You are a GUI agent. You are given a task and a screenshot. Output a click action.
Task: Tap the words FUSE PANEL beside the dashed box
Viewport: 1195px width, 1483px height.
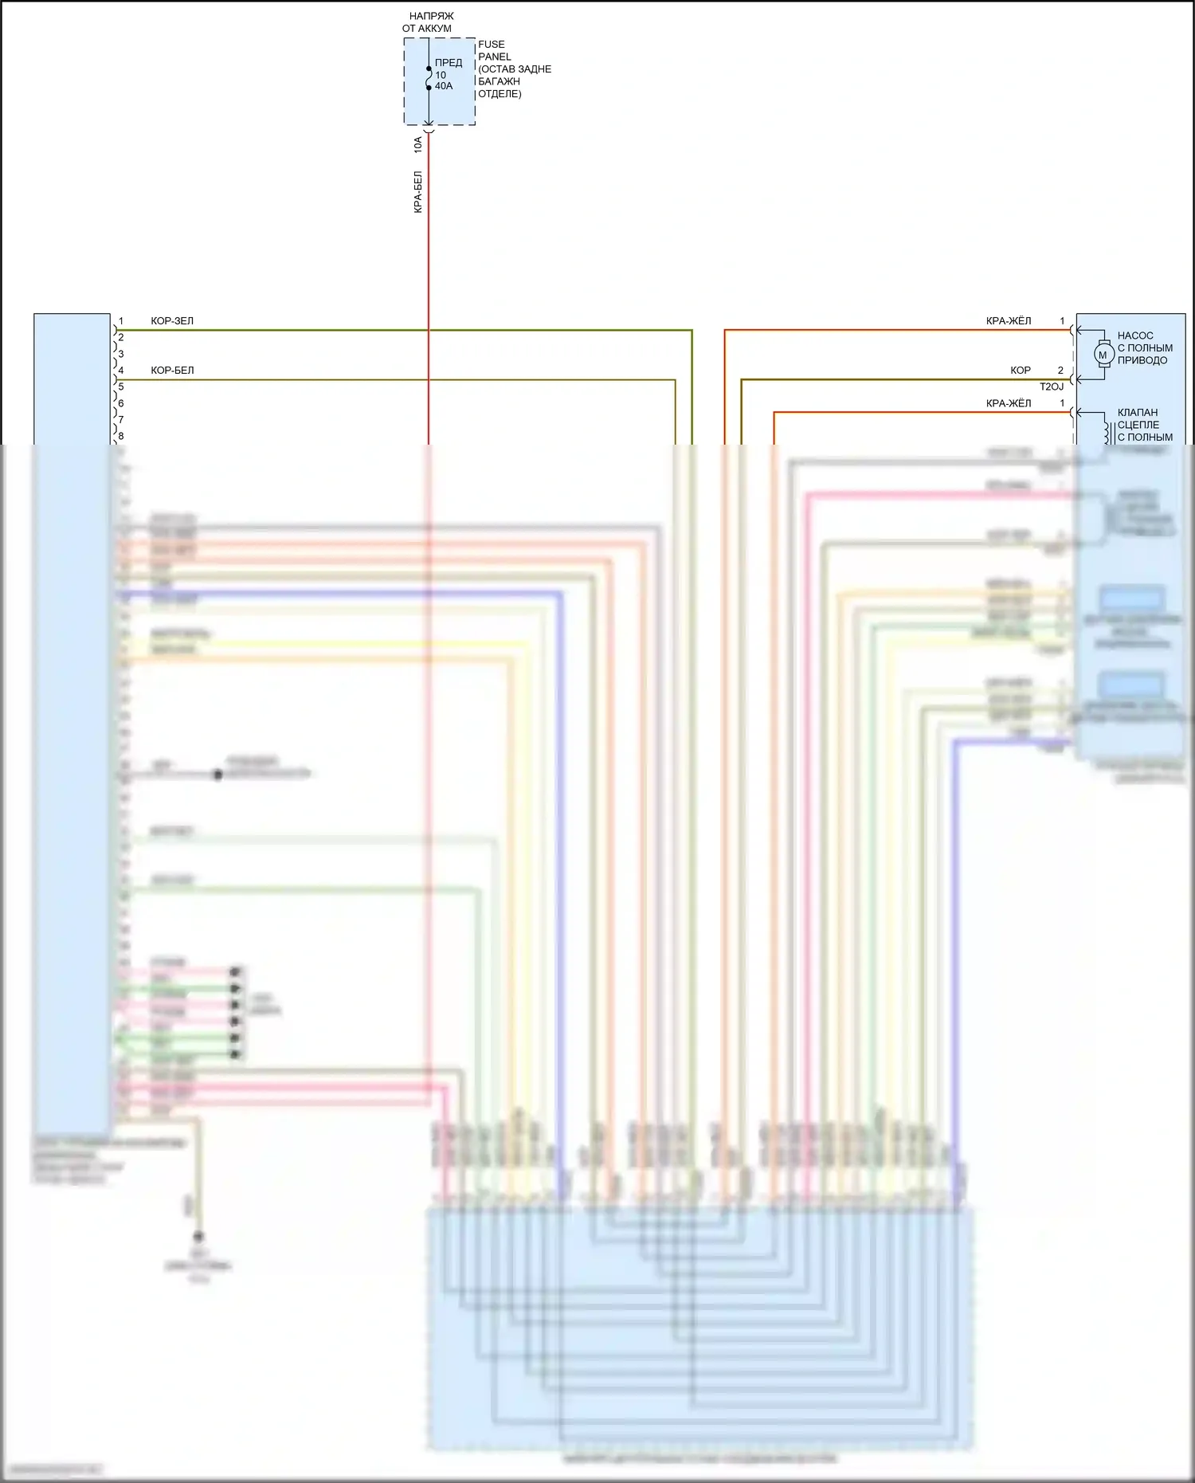tap(494, 50)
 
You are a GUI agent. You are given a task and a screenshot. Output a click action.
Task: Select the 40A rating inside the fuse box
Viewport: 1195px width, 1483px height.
tap(444, 86)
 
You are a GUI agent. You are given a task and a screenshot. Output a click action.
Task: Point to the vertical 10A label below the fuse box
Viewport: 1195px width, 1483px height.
tap(418, 145)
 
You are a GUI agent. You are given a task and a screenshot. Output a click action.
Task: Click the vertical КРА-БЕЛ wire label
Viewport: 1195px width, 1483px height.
tap(418, 192)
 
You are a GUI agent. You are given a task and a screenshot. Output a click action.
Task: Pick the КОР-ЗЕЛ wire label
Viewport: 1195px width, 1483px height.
tap(172, 321)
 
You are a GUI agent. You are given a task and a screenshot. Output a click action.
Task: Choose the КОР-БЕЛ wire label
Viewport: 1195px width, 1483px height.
tap(172, 371)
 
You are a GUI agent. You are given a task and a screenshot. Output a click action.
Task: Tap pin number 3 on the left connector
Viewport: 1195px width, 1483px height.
tap(121, 354)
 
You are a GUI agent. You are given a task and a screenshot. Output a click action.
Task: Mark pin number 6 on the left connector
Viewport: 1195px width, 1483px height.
tap(121, 403)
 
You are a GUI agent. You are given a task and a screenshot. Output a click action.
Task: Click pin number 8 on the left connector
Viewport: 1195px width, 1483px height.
tap(121, 437)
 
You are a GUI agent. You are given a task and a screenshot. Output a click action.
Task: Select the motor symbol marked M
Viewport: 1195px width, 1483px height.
tap(1103, 355)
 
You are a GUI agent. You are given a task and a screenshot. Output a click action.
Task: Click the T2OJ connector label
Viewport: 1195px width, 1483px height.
tap(1051, 386)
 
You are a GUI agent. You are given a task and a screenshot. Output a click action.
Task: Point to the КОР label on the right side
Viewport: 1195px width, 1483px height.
tap(1021, 371)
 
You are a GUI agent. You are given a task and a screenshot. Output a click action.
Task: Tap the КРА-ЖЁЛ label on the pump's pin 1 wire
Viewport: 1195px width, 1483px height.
tap(1009, 321)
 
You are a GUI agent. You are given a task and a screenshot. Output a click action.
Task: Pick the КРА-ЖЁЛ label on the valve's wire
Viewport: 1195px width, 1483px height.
tap(1009, 403)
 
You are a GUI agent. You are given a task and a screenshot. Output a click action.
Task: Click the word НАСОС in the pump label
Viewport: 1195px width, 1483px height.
tap(1135, 335)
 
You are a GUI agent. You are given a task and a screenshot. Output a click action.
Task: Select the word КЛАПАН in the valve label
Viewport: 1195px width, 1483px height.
tap(1138, 412)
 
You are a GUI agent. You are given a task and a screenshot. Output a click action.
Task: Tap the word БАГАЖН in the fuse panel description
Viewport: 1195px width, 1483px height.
tap(500, 81)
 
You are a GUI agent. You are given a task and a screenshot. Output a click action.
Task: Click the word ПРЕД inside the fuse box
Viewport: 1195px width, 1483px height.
tap(449, 62)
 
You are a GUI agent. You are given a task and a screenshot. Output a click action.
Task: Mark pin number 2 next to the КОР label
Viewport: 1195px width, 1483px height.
tap(1060, 371)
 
